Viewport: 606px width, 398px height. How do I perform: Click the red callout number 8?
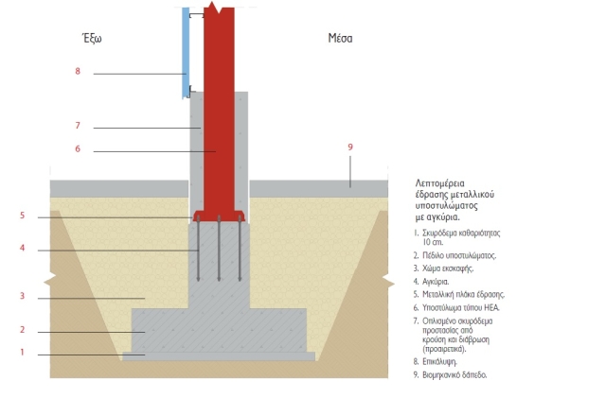pos(78,71)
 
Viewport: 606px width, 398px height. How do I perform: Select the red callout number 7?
pos(78,126)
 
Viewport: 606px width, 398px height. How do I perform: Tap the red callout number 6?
pos(78,149)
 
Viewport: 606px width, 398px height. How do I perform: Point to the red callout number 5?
pos(22,216)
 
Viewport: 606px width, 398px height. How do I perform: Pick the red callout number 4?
pos(22,248)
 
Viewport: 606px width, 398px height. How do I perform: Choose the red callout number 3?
pos(22,296)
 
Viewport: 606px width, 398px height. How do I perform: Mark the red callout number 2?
pos(22,330)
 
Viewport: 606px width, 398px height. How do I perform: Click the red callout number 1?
pos(22,352)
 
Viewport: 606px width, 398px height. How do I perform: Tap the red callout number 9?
pos(350,147)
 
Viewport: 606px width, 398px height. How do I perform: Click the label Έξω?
pos(92,38)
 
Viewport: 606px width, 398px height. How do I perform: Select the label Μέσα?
pos(340,38)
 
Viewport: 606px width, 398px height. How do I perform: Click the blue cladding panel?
pos(186,53)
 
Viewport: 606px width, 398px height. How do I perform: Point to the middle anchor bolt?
pos(219,249)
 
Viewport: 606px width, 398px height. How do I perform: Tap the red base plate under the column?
pos(219,216)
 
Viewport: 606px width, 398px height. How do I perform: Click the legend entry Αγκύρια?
pos(432,282)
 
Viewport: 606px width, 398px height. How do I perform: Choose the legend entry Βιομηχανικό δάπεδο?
pos(451,374)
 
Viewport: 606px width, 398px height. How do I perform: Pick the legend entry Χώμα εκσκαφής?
pos(443,268)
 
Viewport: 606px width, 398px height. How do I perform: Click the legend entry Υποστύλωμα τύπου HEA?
pos(456,308)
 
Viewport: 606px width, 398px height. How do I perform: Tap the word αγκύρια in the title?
pos(442,217)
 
